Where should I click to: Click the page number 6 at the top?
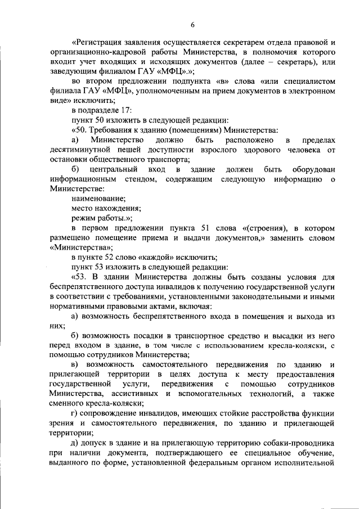tap(192, 24)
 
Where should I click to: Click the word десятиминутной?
tap(81, 150)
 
